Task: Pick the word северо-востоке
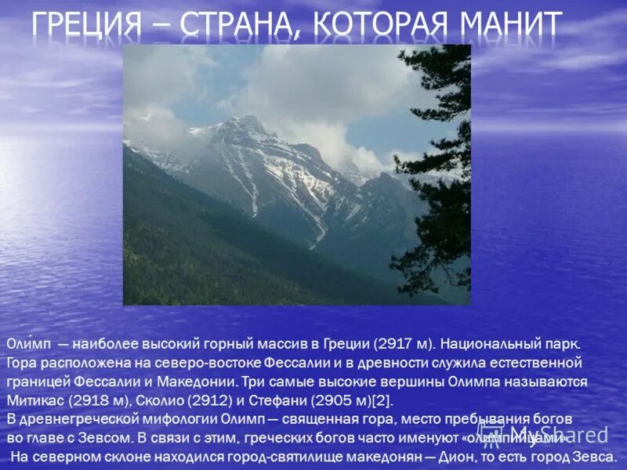[x=199, y=363]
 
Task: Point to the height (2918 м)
[x=98, y=401]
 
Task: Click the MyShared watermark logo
[x=558, y=433]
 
